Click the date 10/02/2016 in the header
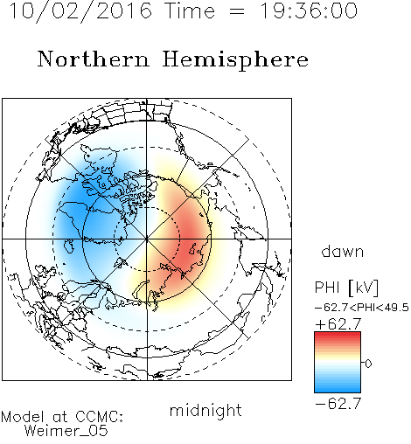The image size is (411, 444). pyautogui.click(x=80, y=10)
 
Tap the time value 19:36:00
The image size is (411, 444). pyautogui.click(x=309, y=10)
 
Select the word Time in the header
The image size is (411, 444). pyautogui.click(x=190, y=10)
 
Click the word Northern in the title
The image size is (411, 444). pyautogui.click(x=94, y=59)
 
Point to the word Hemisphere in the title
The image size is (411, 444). pyautogui.click(x=235, y=59)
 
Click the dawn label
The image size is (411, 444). pyautogui.click(x=343, y=251)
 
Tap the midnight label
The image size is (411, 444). pyautogui.click(x=205, y=410)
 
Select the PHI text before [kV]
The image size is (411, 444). pyautogui.click(x=327, y=288)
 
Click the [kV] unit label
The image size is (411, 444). pyautogui.click(x=364, y=288)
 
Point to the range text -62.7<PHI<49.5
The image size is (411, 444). pyautogui.click(x=362, y=308)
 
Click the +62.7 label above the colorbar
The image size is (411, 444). pyautogui.click(x=338, y=324)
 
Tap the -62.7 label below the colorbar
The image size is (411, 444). pyautogui.click(x=338, y=404)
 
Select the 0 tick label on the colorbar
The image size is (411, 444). pyautogui.click(x=368, y=364)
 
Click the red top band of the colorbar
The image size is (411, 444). pyautogui.click(x=338, y=335)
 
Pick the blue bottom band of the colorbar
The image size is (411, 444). pyautogui.click(x=338, y=389)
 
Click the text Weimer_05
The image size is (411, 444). pyautogui.click(x=66, y=431)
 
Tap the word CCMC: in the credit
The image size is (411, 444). pyautogui.click(x=99, y=417)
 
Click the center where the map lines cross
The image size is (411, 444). pyautogui.click(x=147, y=239)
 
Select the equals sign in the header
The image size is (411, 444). pyautogui.click(x=237, y=11)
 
